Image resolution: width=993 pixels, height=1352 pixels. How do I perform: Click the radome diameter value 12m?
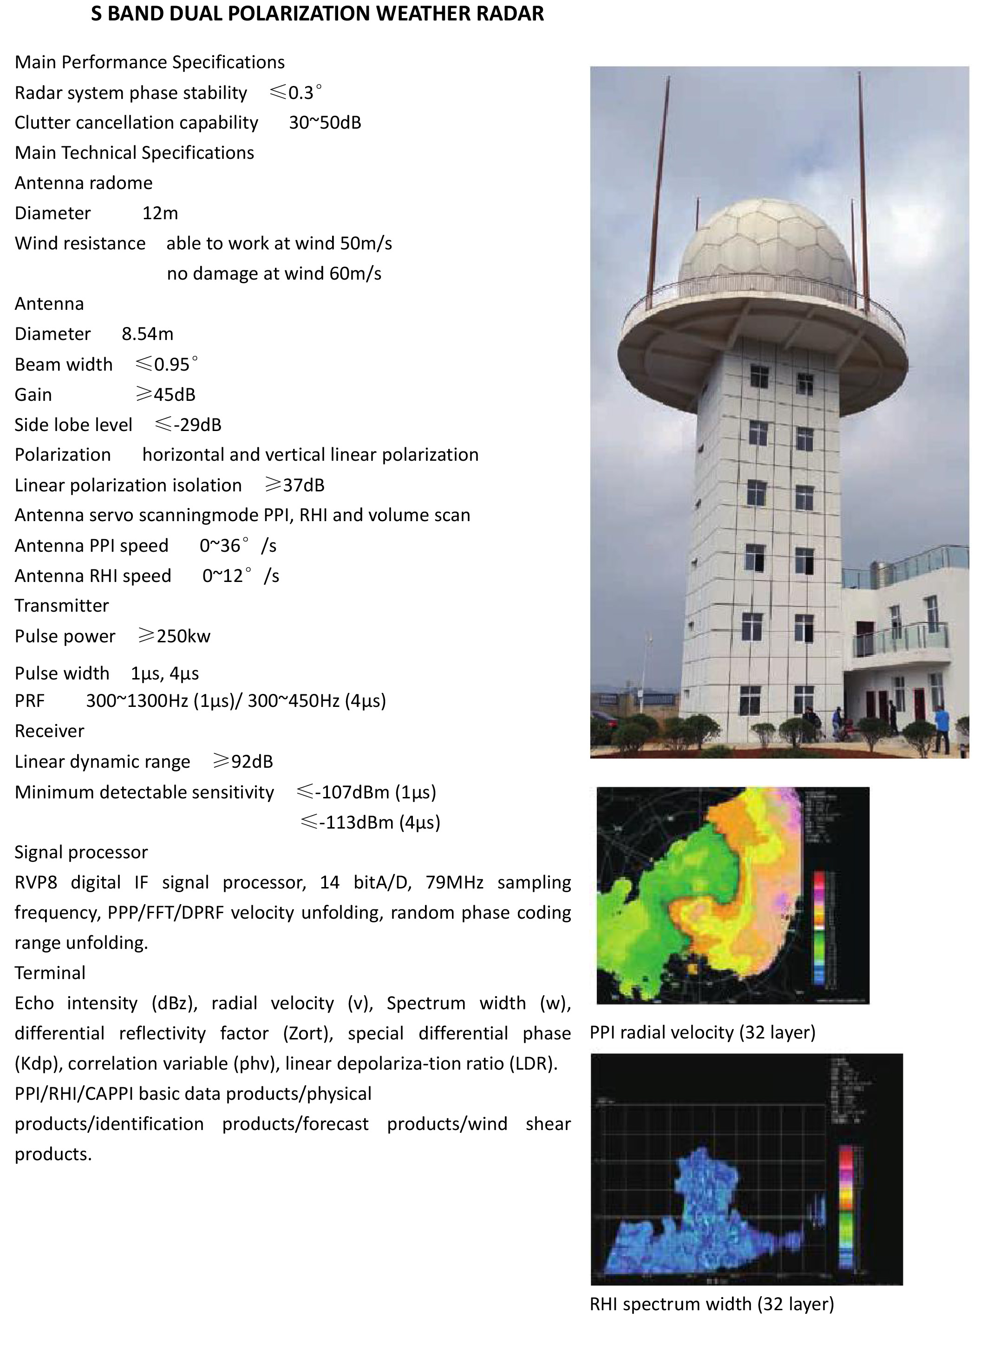[160, 213]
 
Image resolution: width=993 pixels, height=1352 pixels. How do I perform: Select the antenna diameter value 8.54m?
[147, 333]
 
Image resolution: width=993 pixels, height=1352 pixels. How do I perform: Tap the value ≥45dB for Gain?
[166, 394]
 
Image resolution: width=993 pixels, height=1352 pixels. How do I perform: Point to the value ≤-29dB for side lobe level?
[188, 425]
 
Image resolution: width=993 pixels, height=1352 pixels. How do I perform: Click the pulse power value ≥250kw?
[174, 636]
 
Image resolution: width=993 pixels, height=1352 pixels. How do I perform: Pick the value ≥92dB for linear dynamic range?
[243, 762]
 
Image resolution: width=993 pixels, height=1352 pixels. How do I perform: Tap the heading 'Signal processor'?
[81, 852]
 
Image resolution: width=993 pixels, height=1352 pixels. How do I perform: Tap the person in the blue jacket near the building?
[941, 729]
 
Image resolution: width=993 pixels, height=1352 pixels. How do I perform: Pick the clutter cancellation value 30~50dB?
[325, 123]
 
